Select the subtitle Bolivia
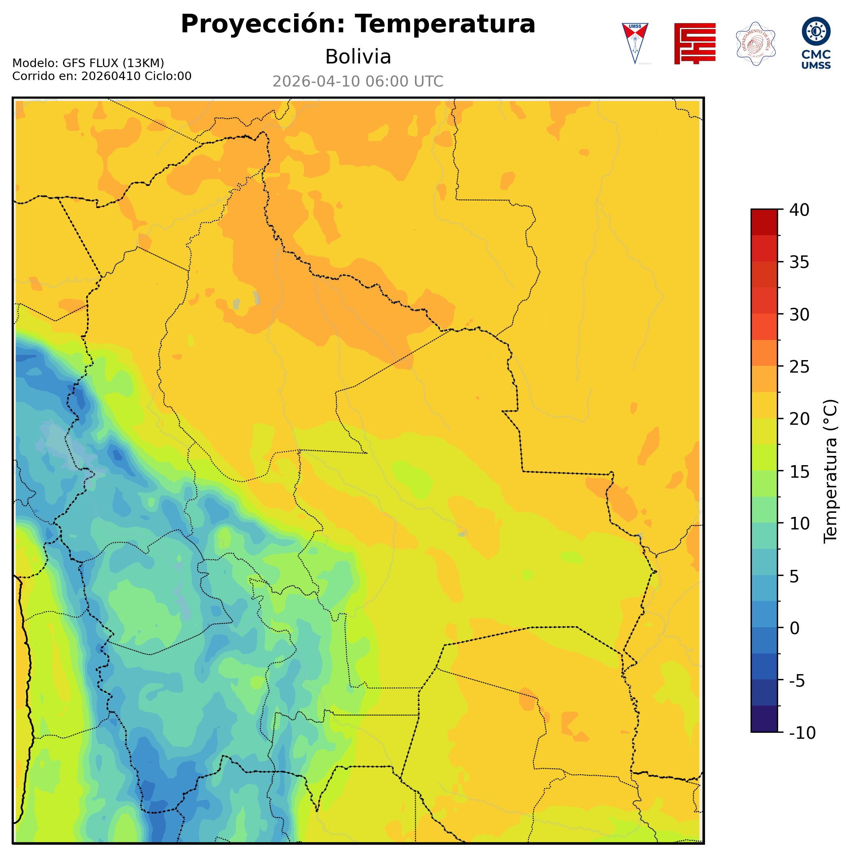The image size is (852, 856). [x=358, y=57]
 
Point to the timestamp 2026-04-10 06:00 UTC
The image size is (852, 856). [x=358, y=82]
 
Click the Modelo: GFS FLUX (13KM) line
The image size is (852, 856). [x=88, y=63]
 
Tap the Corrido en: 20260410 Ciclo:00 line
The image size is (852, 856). [x=102, y=76]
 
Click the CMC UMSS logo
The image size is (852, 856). [x=816, y=43]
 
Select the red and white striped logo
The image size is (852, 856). [x=694, y=43]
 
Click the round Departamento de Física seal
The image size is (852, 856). [x=755, y=43]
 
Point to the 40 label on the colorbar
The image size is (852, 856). [x=799, y=210]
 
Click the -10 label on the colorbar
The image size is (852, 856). [x=802, y=733]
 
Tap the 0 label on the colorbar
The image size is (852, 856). [x=795, y=628]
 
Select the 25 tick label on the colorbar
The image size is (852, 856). [x=799, y=367]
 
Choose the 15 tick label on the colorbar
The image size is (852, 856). [x=799, y=471]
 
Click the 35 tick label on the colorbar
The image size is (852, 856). [x=799, y=262]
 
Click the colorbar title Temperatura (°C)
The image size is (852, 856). [x=831, y=471]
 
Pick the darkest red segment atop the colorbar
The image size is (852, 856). [x=764, y=222]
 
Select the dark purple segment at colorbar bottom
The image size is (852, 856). [x=764, y=719]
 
